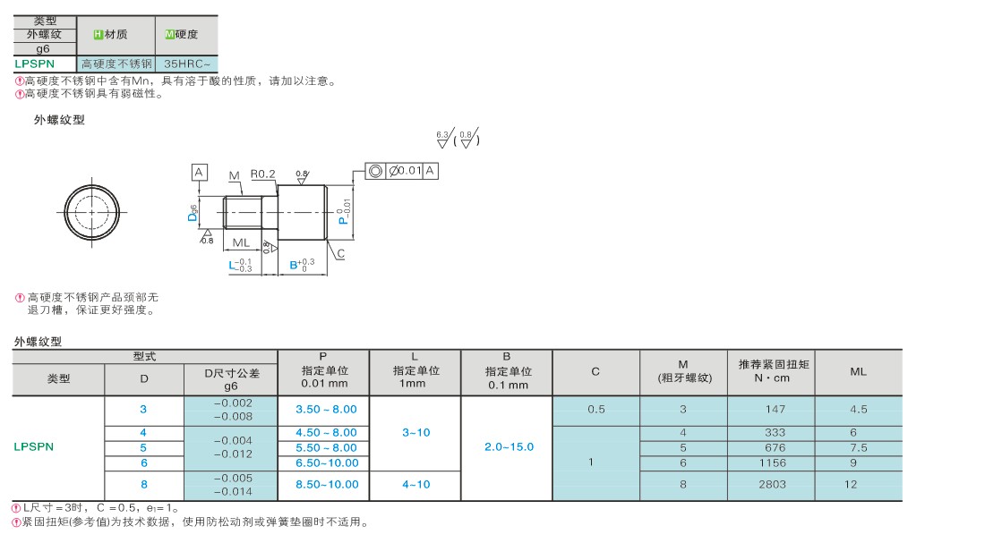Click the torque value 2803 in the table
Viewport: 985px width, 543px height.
point(771,485)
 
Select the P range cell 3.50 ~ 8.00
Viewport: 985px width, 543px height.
point(326,410)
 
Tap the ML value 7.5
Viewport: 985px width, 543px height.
point(858,448)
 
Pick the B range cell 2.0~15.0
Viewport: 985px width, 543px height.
point(509,447)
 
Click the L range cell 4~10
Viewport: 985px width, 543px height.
point(415,485)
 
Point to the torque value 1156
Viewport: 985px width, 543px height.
point(772,463)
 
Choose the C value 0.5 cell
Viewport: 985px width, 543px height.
point(596,410)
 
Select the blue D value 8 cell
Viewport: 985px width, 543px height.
point(144,485)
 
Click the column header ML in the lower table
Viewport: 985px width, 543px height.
point(858,371)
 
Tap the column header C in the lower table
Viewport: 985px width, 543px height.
point(595,371)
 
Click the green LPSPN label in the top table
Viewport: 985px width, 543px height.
point(35,64)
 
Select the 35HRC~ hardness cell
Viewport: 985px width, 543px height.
point(186,64)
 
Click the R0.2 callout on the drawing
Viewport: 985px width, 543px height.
point(262,174)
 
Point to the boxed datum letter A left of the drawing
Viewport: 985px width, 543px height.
point(199,172)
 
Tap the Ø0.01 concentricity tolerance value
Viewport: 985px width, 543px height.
point(405,170)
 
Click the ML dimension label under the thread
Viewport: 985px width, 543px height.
point(241,243)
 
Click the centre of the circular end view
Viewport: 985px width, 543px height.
point(91,212)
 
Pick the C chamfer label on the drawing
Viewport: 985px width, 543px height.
point(340,254)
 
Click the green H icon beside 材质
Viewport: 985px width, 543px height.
point(98,35)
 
